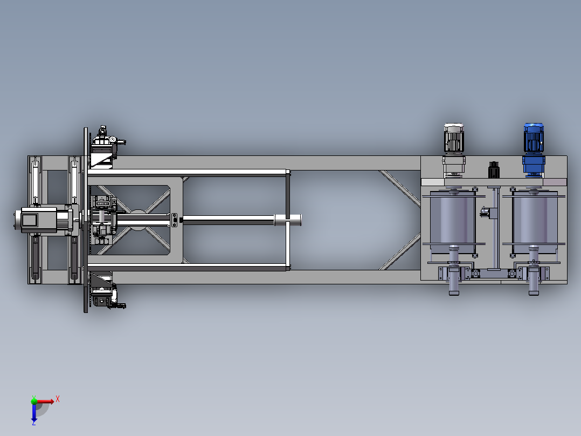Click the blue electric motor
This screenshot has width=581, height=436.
534,149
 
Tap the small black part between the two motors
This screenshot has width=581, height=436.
494,170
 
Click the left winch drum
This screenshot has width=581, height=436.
453,222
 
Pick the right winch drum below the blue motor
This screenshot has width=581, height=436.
535,222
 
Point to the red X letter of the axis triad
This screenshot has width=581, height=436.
58,399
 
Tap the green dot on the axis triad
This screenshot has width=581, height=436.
34,401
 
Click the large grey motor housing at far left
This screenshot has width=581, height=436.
39,220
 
